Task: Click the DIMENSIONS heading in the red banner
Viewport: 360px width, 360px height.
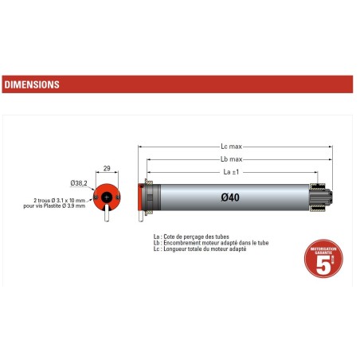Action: click(x=32, y=84)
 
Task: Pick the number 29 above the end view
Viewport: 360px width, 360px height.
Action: click(x=108, y=168)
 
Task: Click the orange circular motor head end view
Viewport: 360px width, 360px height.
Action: click(x=107, y=196)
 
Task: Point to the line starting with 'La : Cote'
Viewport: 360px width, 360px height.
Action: click(x=196, y=237)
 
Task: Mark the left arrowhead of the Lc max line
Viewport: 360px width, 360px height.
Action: click(x=141, y=147)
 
